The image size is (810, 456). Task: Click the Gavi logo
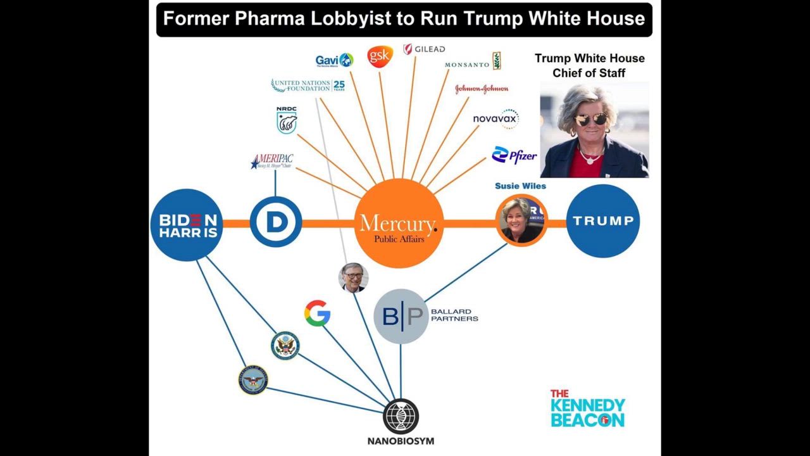pos(334,60)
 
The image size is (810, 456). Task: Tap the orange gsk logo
pos(380,56)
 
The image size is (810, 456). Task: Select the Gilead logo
pos(424,49)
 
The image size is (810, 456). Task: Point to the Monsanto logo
pos(473,62)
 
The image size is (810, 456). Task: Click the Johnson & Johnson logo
pos(482,89)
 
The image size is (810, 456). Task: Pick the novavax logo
pos(495,118)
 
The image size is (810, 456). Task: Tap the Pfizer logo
pos(514,155)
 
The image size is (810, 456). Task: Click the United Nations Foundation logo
pos(308,85)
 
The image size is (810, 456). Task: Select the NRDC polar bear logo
pos(287,120)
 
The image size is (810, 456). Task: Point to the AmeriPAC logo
pos(272,161)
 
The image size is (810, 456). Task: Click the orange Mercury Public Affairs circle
pos(398,224)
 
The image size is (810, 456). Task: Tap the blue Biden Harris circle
pos(187,224)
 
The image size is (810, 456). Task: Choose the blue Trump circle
pos(603,221)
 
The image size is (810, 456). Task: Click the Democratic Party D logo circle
pos(275,222)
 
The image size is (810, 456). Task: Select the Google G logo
pos(317,313)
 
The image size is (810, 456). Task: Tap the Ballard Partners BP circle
pos(401,316)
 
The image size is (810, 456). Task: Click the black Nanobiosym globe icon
pos(401,416)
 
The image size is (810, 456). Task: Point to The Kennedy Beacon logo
pos(587,408)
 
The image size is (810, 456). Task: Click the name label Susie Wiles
pos(520,186)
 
